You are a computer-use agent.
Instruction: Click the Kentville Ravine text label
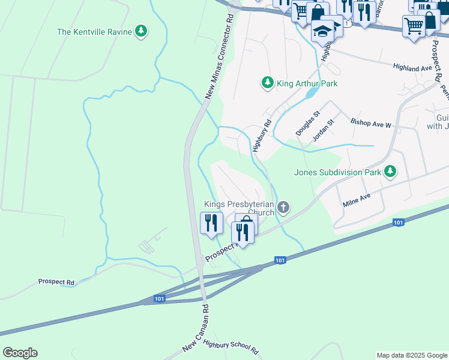click(94, 31)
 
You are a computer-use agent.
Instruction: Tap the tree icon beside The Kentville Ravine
click(140, 31)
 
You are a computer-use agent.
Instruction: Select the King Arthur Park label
click(307, 83)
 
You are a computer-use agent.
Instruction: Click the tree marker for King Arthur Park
click(267, 82)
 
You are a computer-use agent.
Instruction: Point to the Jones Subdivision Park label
click(337, 172)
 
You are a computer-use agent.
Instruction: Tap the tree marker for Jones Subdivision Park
click(390, 172)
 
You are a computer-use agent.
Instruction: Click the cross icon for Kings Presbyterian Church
click(283, 208)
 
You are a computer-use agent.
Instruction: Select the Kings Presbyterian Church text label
click(239, 208)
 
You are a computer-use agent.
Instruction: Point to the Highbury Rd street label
click(262, 135)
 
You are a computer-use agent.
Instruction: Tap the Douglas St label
click(308, 123)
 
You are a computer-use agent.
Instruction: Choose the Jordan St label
click(323, 130)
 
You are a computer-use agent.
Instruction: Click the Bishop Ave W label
click(371, 125)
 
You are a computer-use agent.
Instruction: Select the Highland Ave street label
click(412, 68)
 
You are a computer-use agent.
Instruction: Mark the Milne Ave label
click(358, 200)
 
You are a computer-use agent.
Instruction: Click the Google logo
click(20, 353)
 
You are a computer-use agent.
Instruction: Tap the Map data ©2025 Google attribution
click(412, 355)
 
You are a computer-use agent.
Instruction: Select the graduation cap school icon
click(322, 30)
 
